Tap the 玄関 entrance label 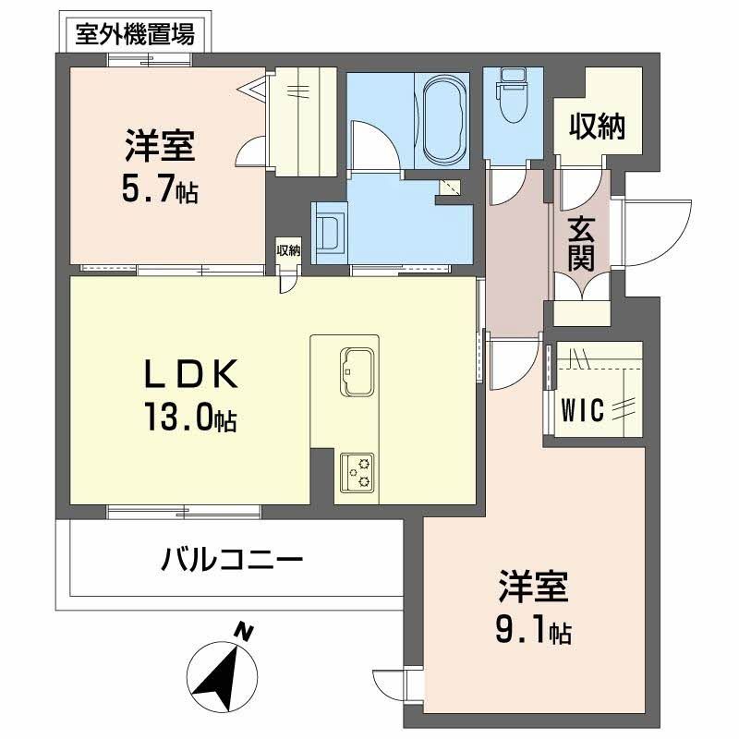[581, 241]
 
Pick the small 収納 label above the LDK [288, 250]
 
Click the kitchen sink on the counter [356, 372]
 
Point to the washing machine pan [329, 231]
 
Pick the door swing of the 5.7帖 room [249, 153]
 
